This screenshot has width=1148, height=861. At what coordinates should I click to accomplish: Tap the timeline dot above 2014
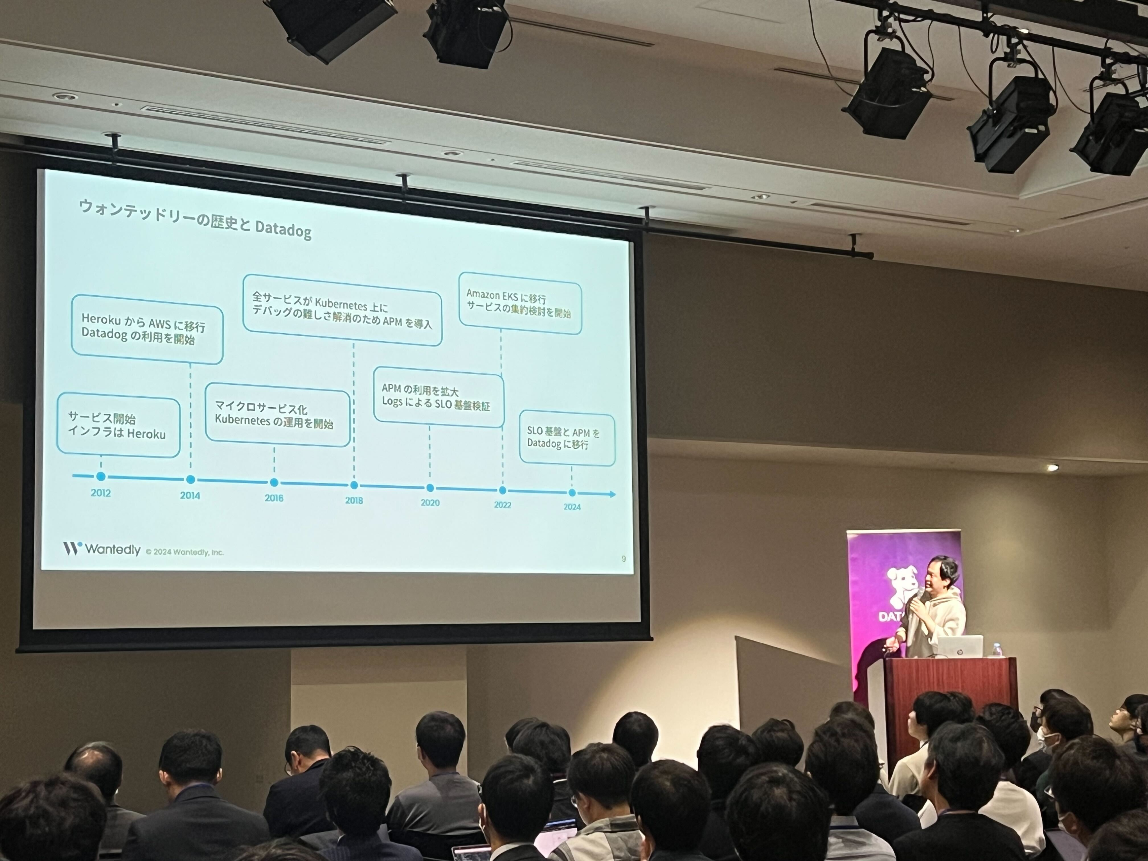(190, 480)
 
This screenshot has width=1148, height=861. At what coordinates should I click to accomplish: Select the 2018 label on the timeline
(354, 500)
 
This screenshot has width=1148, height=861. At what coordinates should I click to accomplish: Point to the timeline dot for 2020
(430, 488)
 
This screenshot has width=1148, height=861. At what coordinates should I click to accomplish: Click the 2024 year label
(572, 507)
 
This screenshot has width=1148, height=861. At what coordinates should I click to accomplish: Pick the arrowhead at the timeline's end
(613, 494)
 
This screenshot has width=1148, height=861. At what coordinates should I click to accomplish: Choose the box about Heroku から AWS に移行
(147, 329)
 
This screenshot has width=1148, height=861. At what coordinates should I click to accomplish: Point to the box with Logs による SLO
(439, 397)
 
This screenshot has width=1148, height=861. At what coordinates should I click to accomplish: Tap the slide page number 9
(623, 558)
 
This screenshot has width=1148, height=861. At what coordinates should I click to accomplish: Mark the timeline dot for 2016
(274, 483)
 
